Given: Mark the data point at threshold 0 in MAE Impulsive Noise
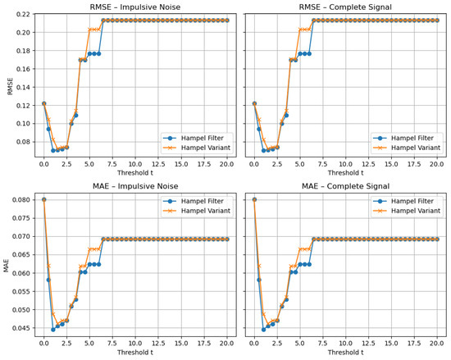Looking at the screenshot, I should coord(43,199).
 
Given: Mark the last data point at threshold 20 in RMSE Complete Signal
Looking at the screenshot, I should coord(437,21).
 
